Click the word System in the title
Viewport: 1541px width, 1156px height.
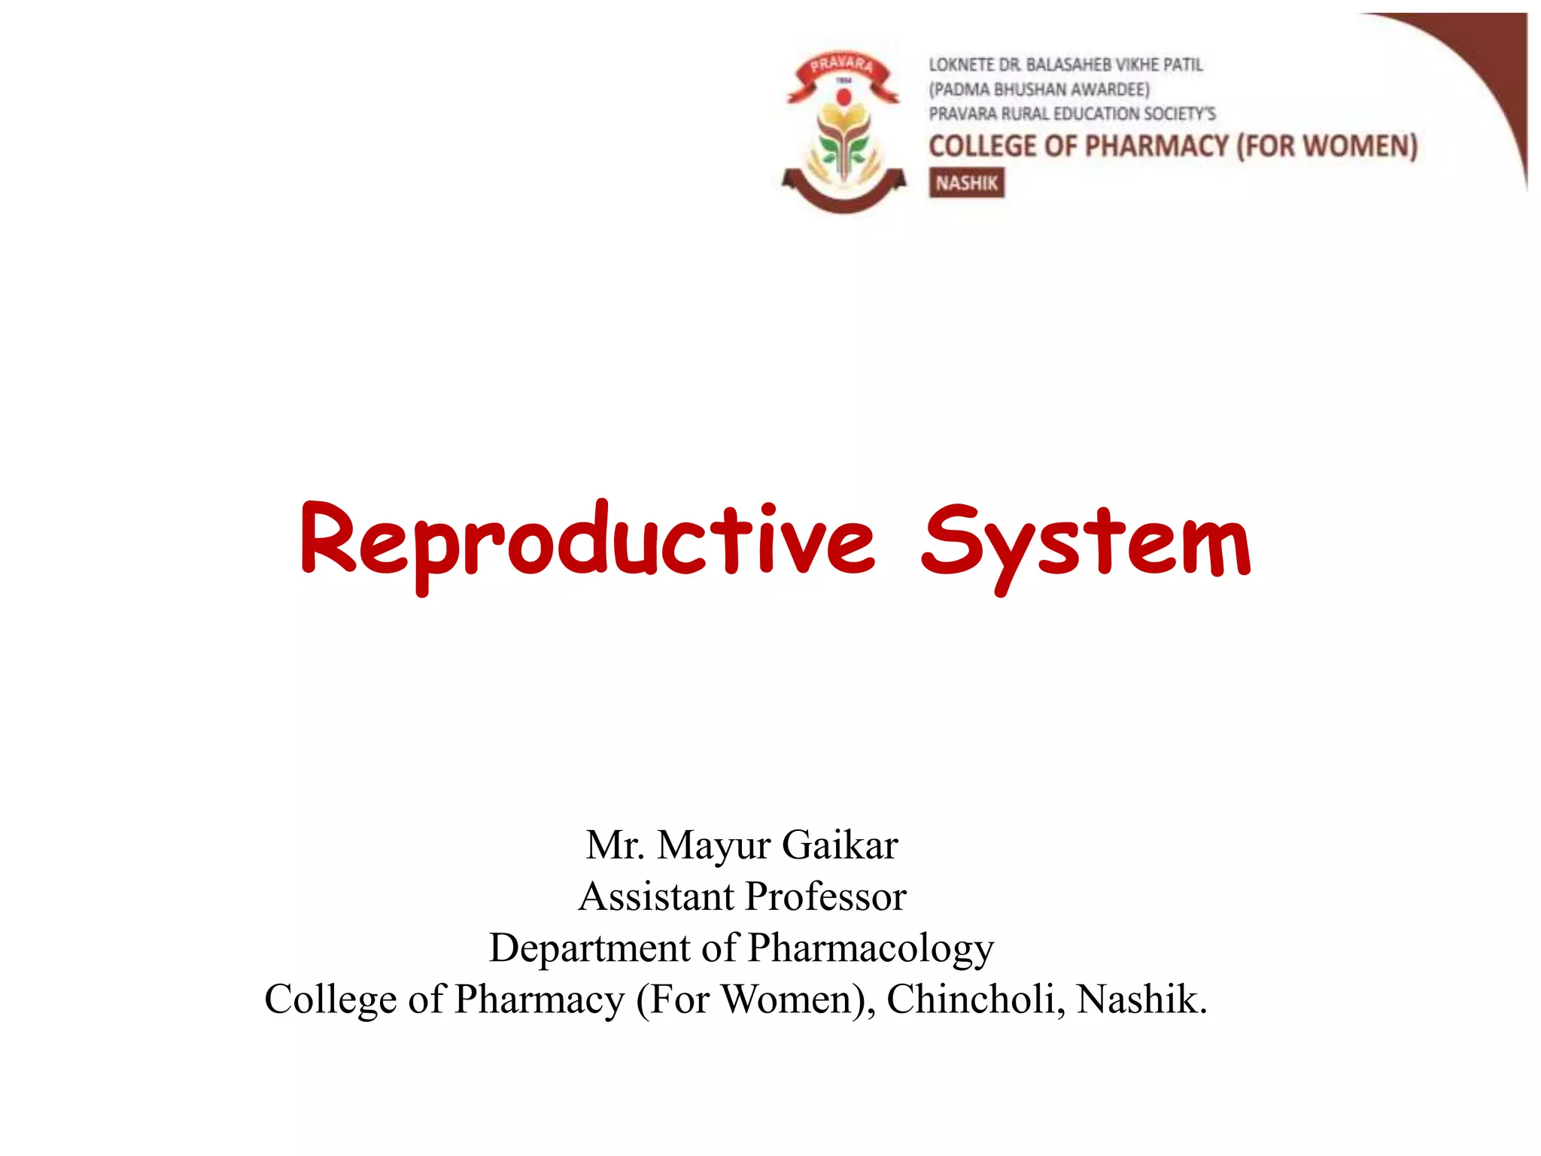[1085, 542]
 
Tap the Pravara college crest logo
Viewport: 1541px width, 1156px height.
[843, 132]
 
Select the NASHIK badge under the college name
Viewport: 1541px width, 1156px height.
[966, 183]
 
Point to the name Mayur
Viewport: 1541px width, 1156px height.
[714, 845]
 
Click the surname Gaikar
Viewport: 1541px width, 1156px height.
[840, 845]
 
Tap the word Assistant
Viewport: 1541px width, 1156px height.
[656, 896]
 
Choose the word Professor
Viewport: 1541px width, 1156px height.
[825, 896]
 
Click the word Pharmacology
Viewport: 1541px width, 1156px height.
[871, 948]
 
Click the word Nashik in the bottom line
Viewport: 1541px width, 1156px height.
[1141, 999]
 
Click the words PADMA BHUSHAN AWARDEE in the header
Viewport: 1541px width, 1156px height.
[1039, 90]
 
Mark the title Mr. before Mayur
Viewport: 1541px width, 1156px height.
[615, 845]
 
